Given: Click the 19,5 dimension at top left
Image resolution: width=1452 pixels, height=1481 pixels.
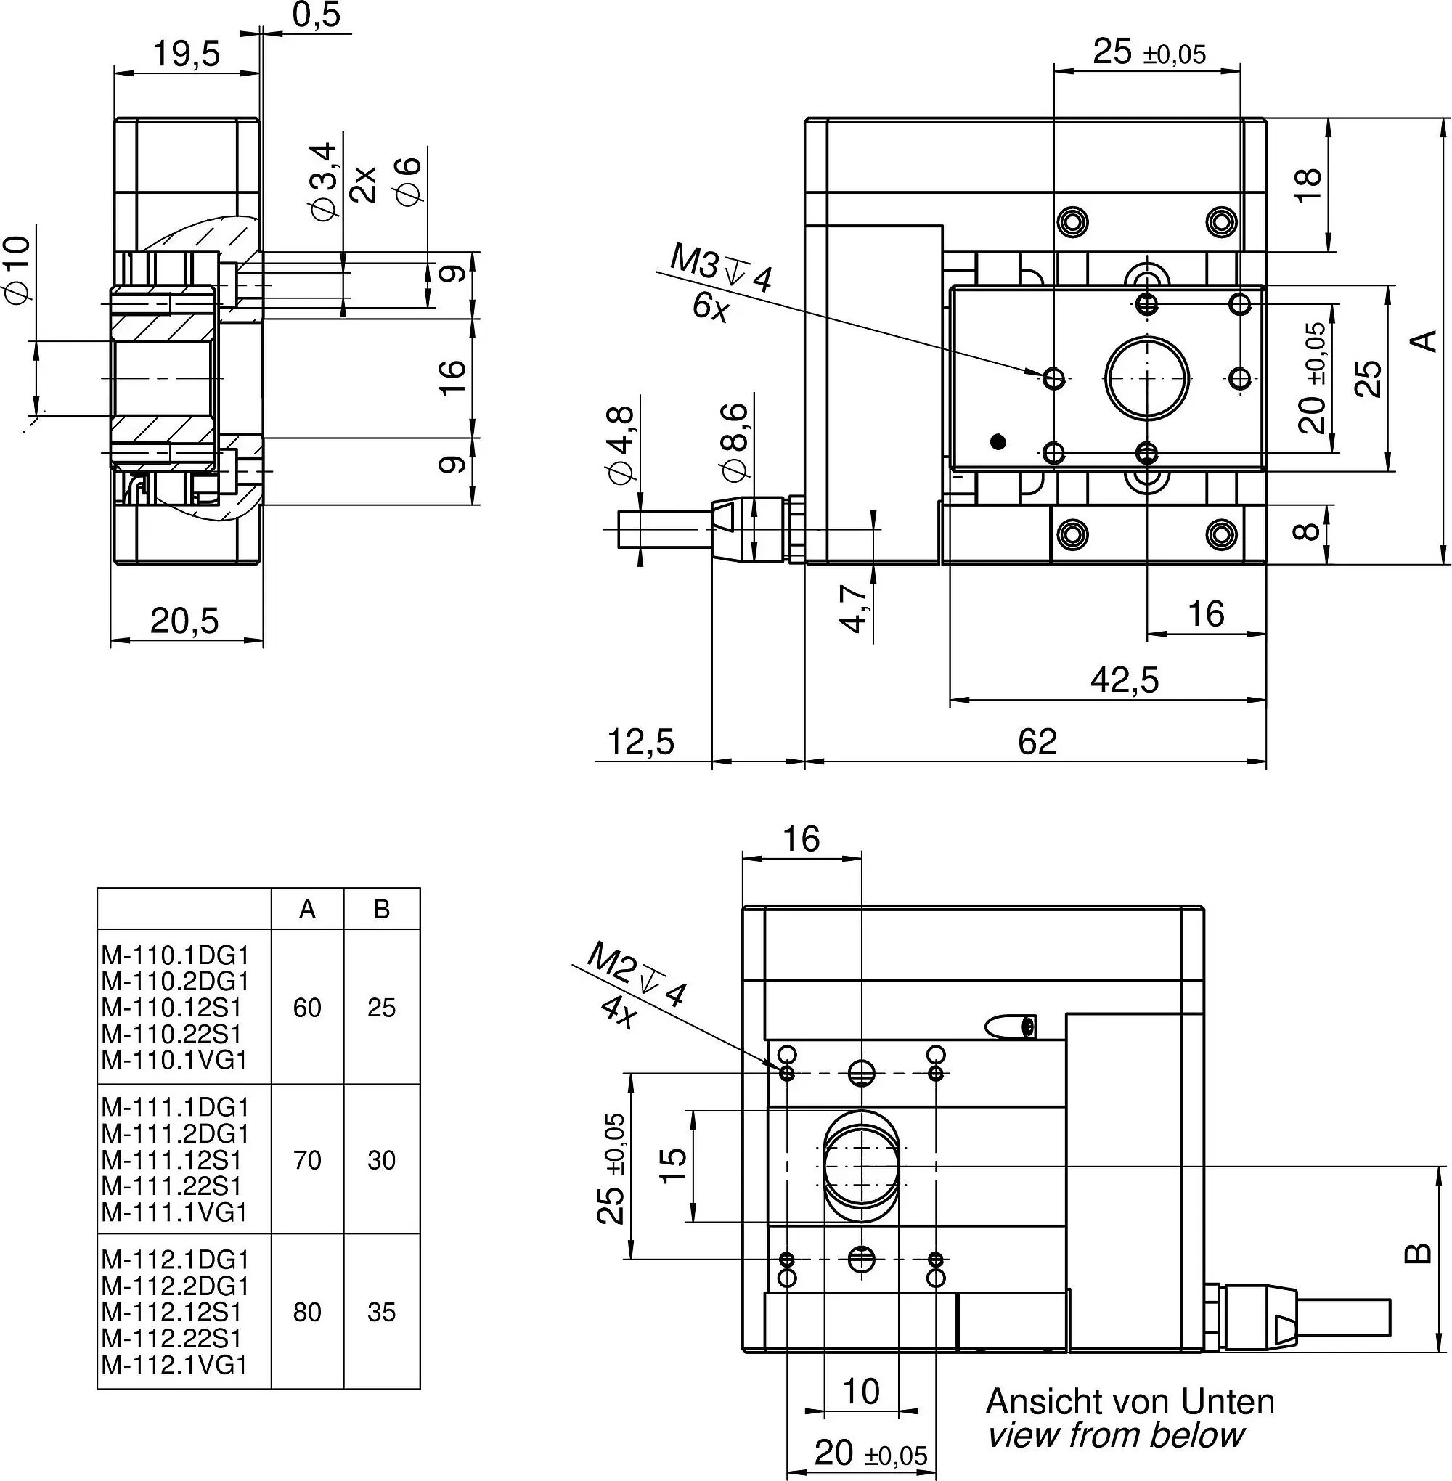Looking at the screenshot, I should pos(186,54).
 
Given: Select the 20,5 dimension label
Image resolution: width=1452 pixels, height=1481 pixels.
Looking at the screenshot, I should pos(184,621).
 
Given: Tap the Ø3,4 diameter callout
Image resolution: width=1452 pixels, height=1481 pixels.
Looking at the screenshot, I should pos(323,181).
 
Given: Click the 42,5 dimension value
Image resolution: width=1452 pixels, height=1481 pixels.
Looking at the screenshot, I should pos(1124,679).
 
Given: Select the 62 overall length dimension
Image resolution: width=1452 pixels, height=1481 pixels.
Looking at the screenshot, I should pos(1037,741).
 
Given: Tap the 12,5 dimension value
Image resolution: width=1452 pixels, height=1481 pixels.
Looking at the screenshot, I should pos(640,741).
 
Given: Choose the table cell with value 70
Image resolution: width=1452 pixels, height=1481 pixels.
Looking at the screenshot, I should pos(307,1161).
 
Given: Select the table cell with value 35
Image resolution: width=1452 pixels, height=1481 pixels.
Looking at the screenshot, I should pos(381,1313).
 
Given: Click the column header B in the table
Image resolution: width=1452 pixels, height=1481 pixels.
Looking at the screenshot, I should pos(381,909).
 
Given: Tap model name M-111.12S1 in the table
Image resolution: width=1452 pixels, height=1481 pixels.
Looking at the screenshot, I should pos(171,1161).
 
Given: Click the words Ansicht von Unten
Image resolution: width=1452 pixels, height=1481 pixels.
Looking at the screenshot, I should pos(1130,1402).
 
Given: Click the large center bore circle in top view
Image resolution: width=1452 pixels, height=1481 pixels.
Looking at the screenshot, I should pos(1146,378).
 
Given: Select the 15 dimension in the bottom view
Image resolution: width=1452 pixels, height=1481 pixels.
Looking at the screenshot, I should pos(674,1165).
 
